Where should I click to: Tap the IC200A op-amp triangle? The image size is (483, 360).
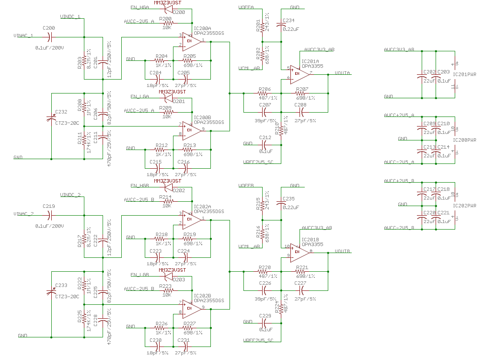click(192, 41)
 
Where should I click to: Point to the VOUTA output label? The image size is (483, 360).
click(343, 73)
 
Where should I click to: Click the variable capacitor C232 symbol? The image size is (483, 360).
click(52, 118)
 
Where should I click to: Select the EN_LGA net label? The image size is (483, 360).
click(140, 96)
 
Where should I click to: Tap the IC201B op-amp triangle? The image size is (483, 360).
click(300, 251)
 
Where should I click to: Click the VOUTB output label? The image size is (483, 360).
click(343, 251)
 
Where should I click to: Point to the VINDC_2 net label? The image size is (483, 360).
click(70, 194)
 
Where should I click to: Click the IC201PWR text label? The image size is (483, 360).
click(464, 74)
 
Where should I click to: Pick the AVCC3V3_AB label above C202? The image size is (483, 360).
click(399, 50)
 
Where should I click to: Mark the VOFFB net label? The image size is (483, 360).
click(246, 186)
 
